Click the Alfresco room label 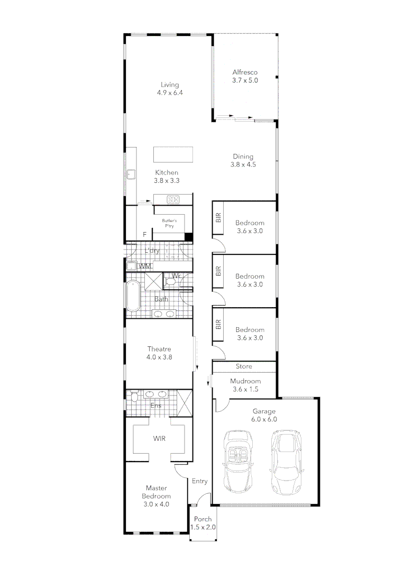(245, 72)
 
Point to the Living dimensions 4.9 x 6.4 (170, 93)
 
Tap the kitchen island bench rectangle (173, 154)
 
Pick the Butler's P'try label (170, 223)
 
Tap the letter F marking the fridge (144, 234)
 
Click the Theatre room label (159, 348)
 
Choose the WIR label (160, 439)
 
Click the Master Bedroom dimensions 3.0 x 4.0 (157, 504)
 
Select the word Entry (199, 481)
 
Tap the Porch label (203, 519)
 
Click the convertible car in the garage (237, 459)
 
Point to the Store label (244, 366)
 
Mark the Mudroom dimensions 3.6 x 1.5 (245, 389)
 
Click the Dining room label (243, 156)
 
